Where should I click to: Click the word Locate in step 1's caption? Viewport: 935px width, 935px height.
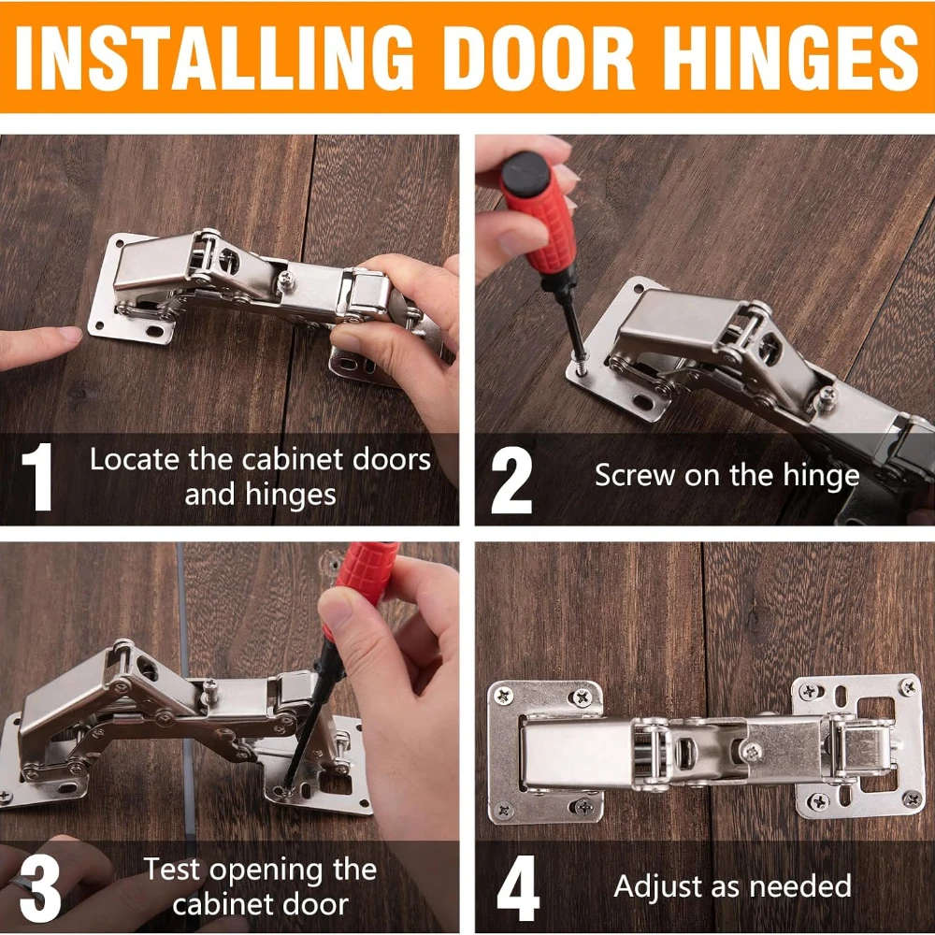pyautogui.click(x=130, y=460)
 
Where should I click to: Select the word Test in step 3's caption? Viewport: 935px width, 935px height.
pyautogui.click(x=172, y=870)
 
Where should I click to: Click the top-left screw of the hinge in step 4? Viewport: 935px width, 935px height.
pyautogui.click(x=504, y=695)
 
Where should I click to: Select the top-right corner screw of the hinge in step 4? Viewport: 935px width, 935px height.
pyautogui.click(x=906, y=688)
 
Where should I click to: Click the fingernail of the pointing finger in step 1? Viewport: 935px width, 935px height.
pyautogui.click(x=69, y=335)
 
